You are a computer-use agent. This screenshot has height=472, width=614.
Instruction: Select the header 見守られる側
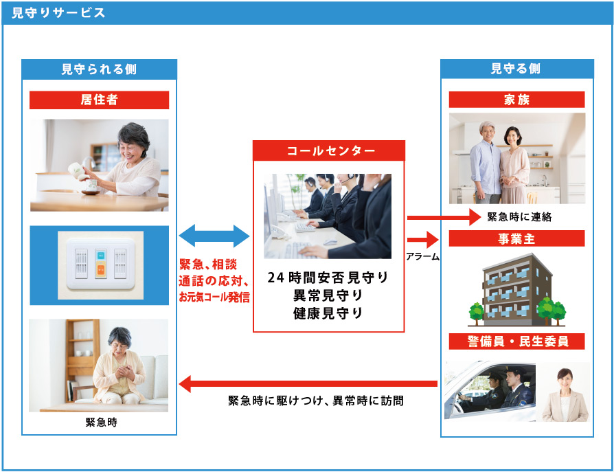point(99,69)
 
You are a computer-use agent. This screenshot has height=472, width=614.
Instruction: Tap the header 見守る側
point(516,69)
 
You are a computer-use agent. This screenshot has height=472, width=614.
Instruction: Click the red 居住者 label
point(99,100)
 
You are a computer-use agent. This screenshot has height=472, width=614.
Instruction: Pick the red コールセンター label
point(328,150)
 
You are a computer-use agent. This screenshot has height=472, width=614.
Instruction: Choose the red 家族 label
point(516,100)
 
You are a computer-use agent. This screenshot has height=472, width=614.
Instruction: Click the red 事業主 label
point(516,238)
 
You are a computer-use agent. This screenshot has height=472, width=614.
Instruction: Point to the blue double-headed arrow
point(214,236)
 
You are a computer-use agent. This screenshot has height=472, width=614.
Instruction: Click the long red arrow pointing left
point(308,383)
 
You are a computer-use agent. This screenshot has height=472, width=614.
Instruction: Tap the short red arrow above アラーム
point(423,239)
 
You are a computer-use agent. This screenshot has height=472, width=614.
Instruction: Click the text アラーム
point(422,256)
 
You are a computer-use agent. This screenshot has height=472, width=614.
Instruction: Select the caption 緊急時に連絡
point(519,216)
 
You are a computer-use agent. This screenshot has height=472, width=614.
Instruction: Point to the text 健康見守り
point(328,313)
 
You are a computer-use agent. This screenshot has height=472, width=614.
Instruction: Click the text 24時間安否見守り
point(328,278)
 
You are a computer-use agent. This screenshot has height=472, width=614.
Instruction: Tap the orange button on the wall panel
point(101,269)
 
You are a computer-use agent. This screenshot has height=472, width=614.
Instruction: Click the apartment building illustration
point(517,290)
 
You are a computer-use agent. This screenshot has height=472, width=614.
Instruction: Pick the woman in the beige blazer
point(565,395)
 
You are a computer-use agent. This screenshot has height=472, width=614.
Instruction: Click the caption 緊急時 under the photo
point(102,423)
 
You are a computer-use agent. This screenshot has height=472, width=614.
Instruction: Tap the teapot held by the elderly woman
point(78,172)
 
